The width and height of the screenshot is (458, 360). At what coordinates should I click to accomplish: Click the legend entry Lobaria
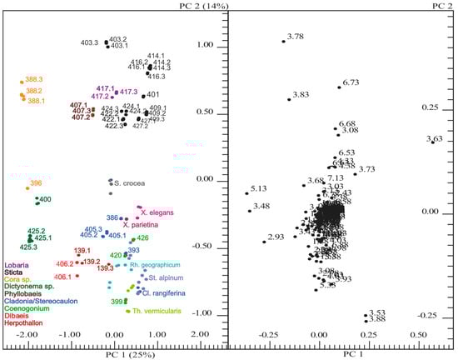(x=17, y=264)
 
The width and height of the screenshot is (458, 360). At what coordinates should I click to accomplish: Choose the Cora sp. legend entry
(x=19, y=279)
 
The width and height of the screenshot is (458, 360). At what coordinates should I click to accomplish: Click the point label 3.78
(x=295, y=36)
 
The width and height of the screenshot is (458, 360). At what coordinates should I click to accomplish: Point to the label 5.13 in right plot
(x=259, y=188)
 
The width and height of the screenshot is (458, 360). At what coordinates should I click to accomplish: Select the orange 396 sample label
(x=36, y=182)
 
